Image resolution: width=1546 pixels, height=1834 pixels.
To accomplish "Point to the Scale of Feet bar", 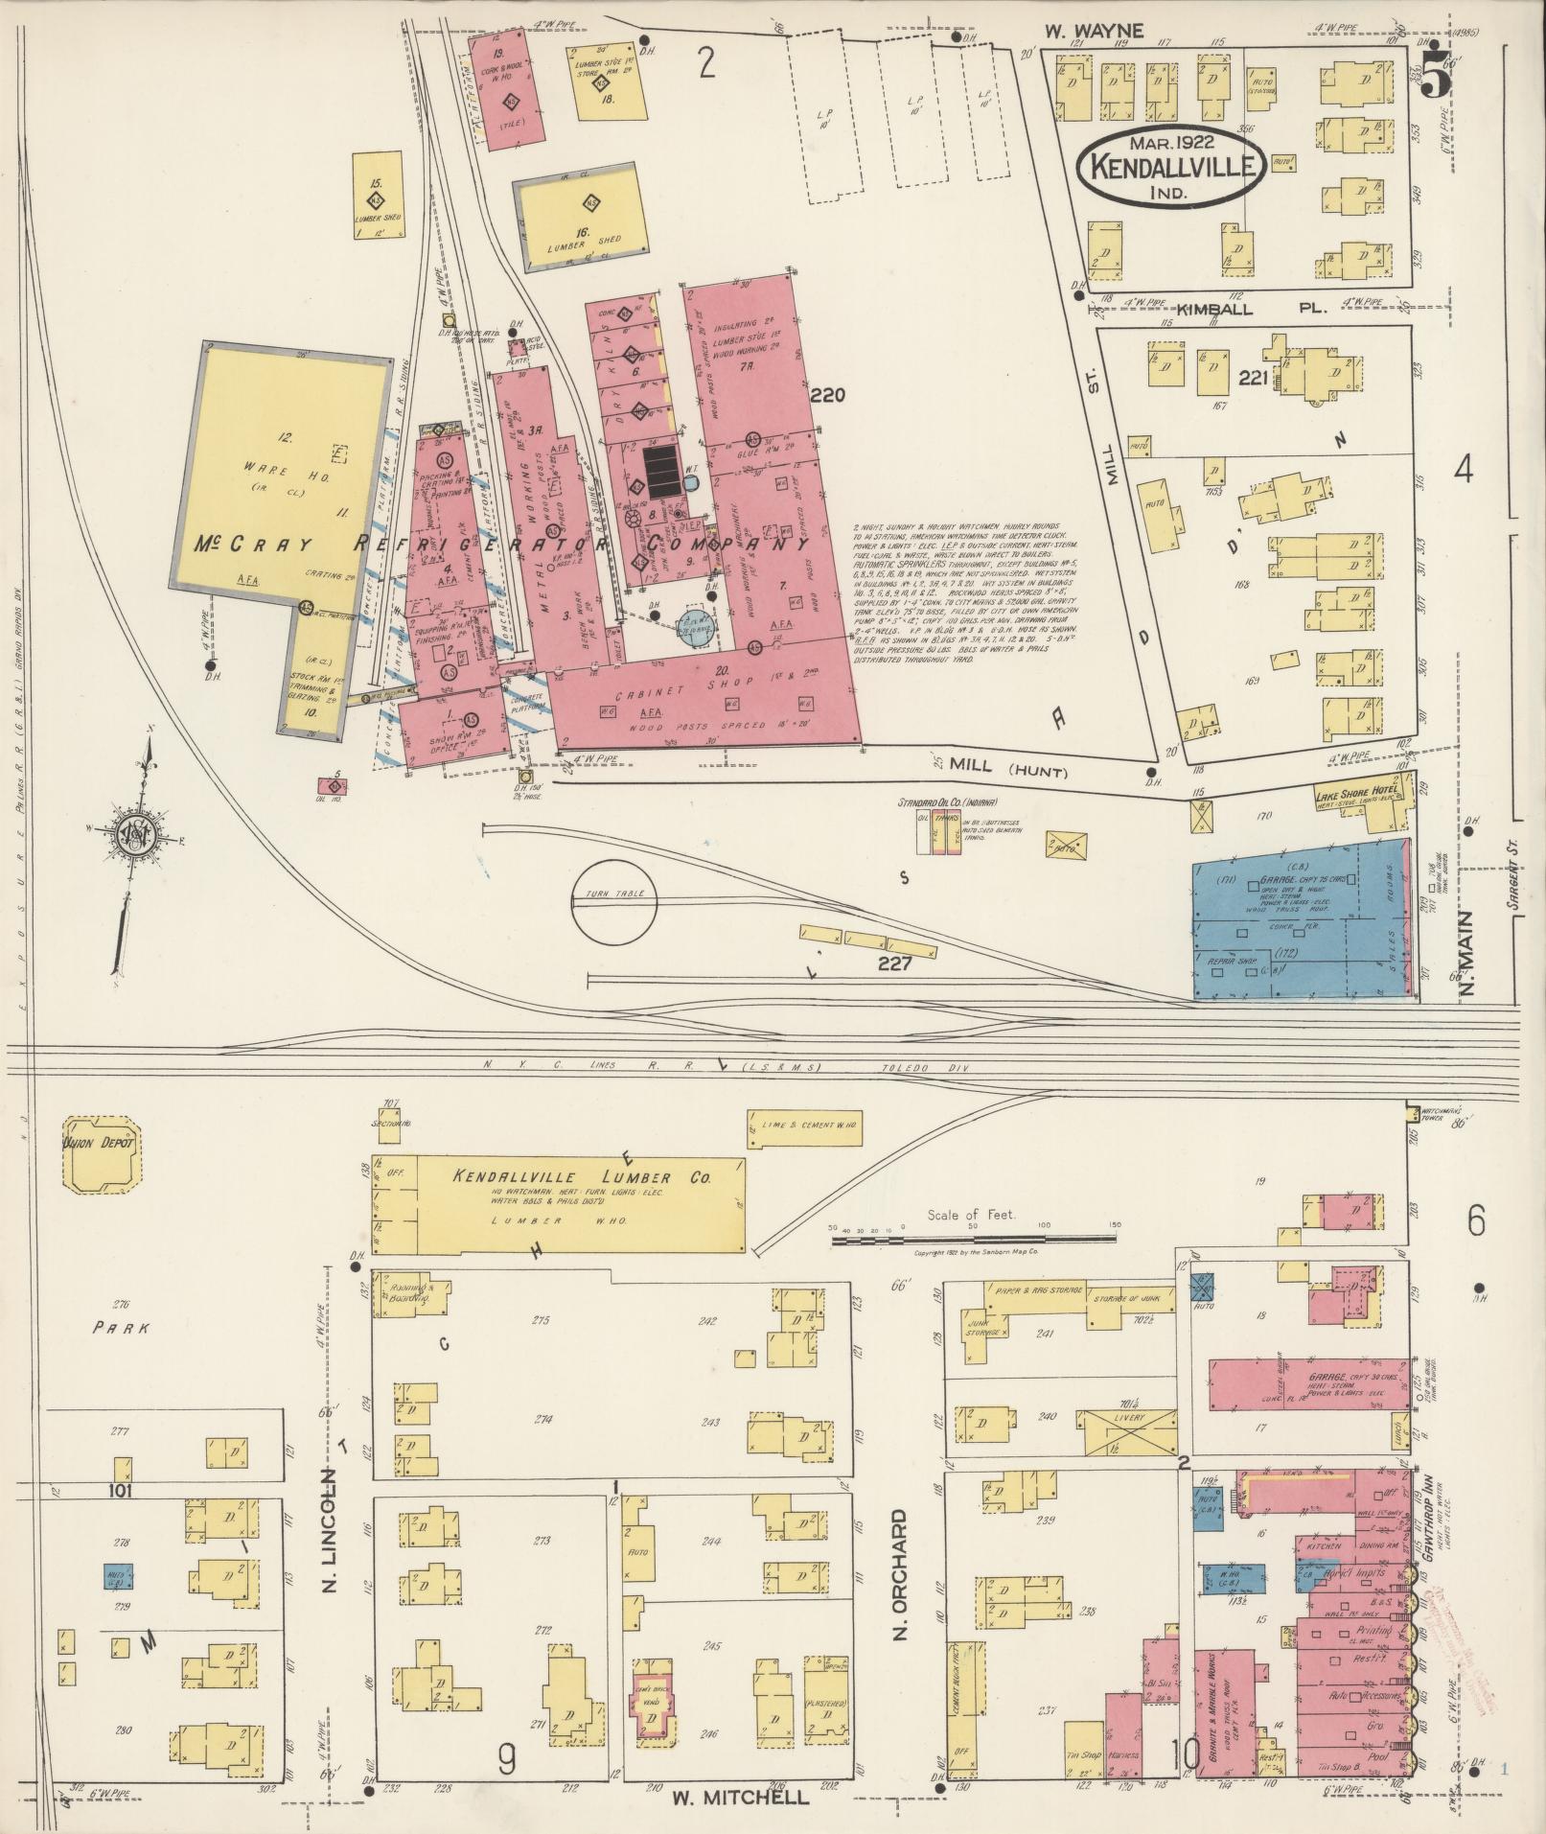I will coord(972,1240).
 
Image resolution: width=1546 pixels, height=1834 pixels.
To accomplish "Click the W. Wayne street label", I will coord(1094,32).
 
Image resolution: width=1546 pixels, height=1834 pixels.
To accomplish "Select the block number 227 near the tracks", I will coord(894,963).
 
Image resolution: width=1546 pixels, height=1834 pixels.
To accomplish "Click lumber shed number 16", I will coord(580,223).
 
